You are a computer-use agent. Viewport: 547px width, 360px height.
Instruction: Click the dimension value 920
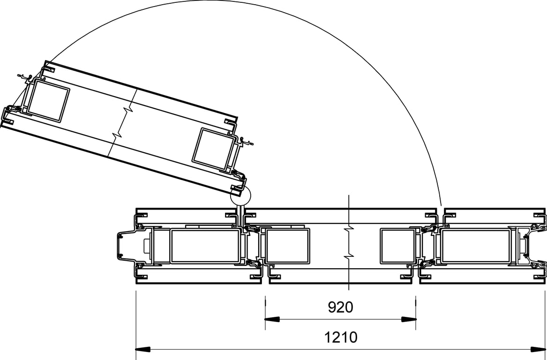point(340,307)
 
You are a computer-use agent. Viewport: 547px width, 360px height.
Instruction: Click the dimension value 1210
point(340,337)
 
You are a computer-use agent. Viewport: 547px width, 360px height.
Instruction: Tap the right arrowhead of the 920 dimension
point(409,320)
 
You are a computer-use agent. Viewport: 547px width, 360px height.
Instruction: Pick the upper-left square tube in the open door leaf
point(48,101)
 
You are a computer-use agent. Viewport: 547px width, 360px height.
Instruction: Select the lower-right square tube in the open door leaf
point(215,149)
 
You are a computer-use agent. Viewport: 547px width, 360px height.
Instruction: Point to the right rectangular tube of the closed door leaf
point(397,246)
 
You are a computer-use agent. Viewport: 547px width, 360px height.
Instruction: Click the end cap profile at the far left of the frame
point(123,246)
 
